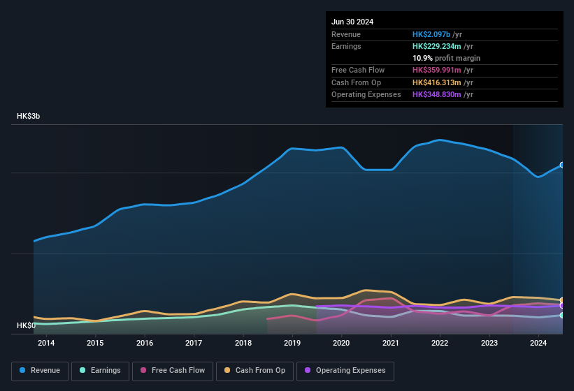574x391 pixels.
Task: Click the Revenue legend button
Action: [41, 371]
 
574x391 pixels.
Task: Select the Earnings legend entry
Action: [101, 371]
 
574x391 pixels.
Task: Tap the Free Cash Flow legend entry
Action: [173, 371]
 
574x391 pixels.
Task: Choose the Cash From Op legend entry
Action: [254, 371]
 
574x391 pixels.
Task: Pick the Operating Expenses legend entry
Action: [345, 371]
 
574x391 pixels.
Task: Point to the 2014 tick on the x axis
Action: [46, 343]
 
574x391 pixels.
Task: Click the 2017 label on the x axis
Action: [194, 343]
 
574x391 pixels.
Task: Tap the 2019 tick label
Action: [292, 343]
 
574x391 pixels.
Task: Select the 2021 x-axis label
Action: [391, 343]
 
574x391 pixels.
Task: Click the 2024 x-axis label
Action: [538, 343]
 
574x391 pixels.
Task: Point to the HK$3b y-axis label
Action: [29, 117]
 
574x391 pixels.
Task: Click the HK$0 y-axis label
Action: [26, 326]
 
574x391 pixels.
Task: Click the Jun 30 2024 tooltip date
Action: [352, 22]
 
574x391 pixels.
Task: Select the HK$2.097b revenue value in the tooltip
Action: [431, 34]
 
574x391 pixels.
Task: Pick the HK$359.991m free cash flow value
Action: [437, 70]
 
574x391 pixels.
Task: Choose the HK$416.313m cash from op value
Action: [437, 82]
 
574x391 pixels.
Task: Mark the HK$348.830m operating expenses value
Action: [437, 94]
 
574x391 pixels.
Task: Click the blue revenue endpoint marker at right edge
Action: [562, 165]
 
